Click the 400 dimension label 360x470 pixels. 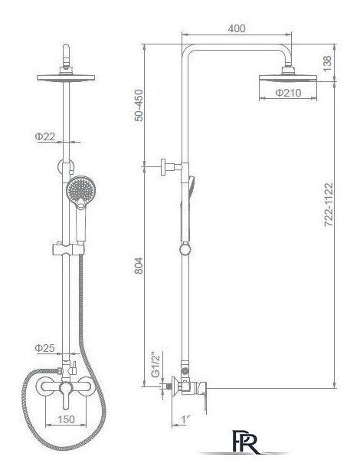tap(237, 28)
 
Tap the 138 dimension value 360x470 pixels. tap(327, 63)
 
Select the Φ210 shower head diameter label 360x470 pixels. tap(288, 93)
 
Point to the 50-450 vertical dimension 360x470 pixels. tap(139, 105)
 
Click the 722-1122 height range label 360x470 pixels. tap(329, 205)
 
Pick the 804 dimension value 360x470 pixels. tap(139, 265)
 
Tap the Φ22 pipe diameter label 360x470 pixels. tap(45, 136)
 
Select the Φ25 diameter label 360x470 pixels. tap(44, 348)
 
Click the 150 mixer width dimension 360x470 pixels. tap(66, 419)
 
